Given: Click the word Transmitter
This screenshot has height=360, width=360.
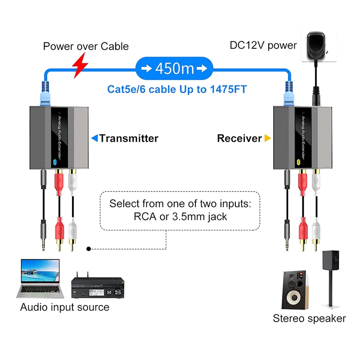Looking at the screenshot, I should click(x=129, y=138).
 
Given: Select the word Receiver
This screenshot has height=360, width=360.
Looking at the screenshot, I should click(x=239, y=138).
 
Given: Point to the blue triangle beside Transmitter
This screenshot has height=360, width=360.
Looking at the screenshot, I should click(x=94, y=138).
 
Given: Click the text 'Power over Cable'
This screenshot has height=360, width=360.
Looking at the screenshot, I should click(x=86, y=46).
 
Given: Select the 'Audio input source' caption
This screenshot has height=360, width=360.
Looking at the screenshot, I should click(x=65, y=307).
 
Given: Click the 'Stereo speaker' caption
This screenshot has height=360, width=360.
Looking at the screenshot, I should click(x=309, y=319).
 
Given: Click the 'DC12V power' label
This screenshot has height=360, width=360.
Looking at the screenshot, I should click(x=263, y=45).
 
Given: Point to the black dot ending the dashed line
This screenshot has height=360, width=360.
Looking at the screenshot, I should click(x=89, y=248).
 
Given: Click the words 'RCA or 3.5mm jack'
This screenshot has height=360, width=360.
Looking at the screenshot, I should click(x=180, y=216).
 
